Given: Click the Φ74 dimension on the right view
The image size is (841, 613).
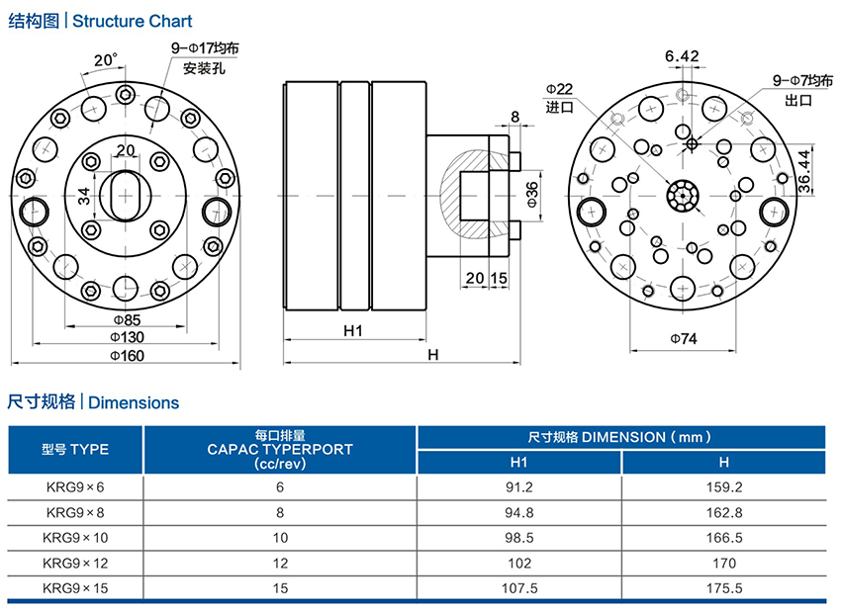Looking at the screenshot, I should (684, 339).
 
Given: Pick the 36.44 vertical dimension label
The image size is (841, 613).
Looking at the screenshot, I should (806, 169).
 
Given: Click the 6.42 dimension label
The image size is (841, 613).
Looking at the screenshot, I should (683, 55).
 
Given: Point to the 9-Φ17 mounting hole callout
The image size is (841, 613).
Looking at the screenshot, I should (205, 47).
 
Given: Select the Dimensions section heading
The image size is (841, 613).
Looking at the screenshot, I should (134, 402).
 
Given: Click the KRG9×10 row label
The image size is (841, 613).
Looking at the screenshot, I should (75, 538).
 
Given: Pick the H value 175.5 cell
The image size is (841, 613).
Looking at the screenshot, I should (723, 588).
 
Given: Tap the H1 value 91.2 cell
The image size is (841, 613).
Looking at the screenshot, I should (519, 486).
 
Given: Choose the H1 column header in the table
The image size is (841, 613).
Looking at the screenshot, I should (519, 462).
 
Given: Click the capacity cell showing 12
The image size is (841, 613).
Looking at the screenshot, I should (280, 564).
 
